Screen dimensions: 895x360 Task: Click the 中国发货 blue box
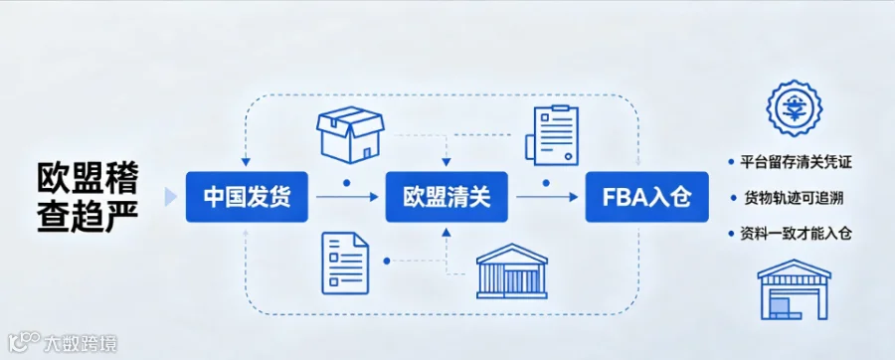point(247,197)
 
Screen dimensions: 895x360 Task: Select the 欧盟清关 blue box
point(447,197)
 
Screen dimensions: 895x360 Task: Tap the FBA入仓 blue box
point(646,197)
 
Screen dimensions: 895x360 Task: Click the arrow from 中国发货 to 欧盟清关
point(347,197)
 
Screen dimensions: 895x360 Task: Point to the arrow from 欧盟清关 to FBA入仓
point(547,197)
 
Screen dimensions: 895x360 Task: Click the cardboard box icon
point(350,135)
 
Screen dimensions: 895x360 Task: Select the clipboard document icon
point(552,136)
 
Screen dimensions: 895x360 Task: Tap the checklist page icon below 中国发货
point(345,263)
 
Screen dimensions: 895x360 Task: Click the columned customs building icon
point(512,271)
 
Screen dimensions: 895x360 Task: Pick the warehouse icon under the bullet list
point(786,289)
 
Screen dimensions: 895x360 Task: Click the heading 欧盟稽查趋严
point(88,197)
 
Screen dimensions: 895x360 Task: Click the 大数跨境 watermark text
point(81,344)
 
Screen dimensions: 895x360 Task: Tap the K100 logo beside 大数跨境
point(24,343)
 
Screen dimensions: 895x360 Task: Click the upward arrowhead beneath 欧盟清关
point(447,232)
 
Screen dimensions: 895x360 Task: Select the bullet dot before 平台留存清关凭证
point(731,163)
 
